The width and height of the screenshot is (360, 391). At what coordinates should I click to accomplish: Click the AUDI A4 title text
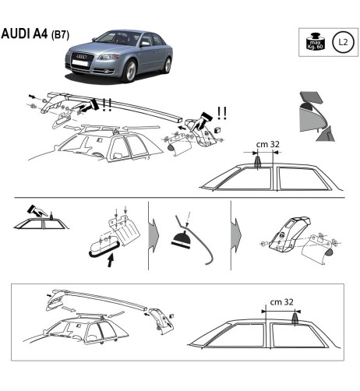pos(25,36)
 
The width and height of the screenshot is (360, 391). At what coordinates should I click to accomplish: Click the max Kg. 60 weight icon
pos(314,43)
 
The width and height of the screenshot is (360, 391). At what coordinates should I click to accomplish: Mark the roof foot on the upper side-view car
pos(258,161)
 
